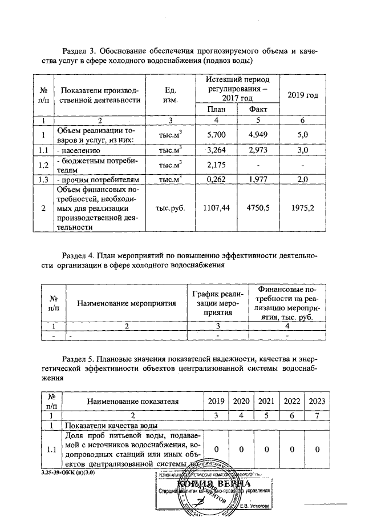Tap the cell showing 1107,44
[216, 210]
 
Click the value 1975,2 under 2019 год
[303, 210]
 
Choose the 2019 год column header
[303, 95]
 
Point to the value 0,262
[216, 181]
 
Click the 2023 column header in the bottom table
[316, 402]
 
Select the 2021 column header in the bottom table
[267, 402]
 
